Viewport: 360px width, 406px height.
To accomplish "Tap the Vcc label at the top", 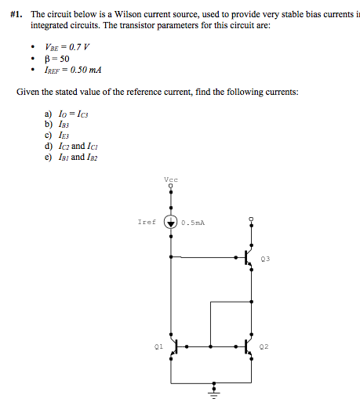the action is pos(172,180).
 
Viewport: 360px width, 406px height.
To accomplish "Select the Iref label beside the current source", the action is pos(147,222).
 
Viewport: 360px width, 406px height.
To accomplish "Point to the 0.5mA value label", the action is pos(193,222).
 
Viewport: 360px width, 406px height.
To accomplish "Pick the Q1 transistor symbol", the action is pos(176,345).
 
